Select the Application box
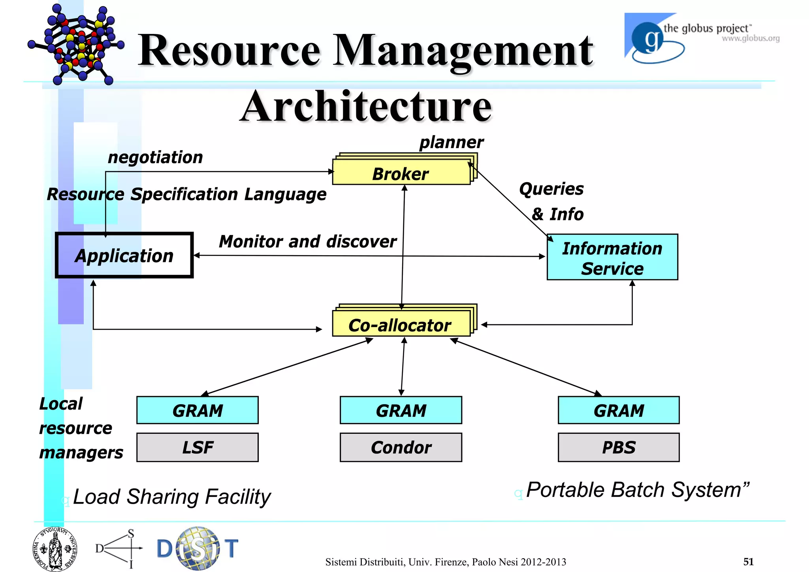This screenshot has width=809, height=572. click(124, 256)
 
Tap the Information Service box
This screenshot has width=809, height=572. click(612, 258)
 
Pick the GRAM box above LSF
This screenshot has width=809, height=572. click(198, 410)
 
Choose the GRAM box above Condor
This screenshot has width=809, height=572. click(401, 410)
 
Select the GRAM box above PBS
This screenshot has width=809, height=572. click(619, 410)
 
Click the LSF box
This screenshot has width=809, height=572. click(198, 447)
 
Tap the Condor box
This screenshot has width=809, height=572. click(401, 447)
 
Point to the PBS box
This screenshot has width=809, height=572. click(619, 447)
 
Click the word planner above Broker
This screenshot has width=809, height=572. click(451, 142)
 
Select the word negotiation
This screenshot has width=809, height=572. click(155, 157)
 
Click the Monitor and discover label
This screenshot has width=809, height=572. click(307, 241)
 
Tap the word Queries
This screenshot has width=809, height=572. click(551, 189)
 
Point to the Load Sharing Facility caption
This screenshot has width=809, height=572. click(172, 497)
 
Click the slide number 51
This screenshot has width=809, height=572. click(748, 561)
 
